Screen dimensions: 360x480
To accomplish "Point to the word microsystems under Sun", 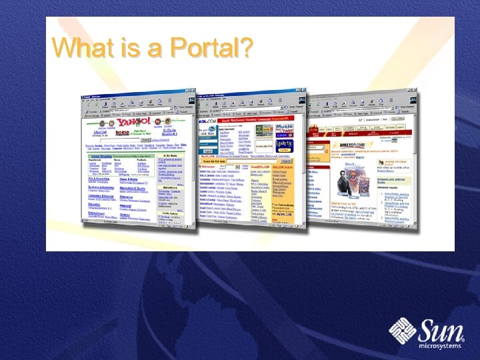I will (440, 346).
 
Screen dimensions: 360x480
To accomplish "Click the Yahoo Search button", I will (145, 140).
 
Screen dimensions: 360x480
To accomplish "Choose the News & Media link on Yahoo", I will (129, 179).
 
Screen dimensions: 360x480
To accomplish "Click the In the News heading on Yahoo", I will (171, 155).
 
